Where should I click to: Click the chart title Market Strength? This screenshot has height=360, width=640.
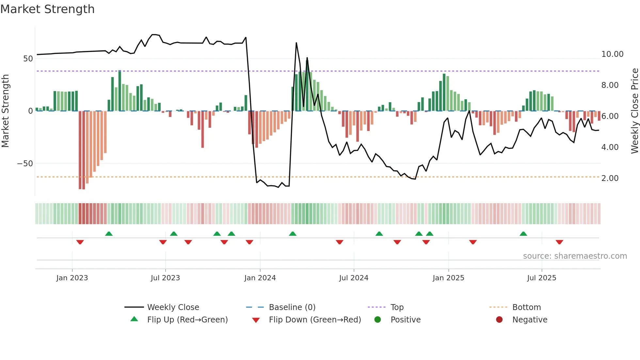(47, 9)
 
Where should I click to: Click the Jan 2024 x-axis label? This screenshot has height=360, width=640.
(260, 278)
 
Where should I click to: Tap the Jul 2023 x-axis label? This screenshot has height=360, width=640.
(165, 278)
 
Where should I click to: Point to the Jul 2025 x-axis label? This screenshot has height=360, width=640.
(541, 278)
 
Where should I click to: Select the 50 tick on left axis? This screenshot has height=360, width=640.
(28, 59)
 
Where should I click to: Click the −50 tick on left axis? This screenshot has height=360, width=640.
(25, 164)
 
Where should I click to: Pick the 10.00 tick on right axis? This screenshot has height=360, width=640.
(612, 54)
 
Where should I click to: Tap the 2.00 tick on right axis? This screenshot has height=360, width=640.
(610, 178)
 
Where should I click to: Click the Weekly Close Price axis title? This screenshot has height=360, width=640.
(634, 111)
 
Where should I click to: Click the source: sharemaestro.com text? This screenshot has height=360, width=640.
(575, 256)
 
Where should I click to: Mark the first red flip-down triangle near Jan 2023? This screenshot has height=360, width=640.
(80, 242)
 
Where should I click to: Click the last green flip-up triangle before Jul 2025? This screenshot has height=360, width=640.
(523, 234)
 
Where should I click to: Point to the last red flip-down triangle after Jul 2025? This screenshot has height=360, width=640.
(559, 242)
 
